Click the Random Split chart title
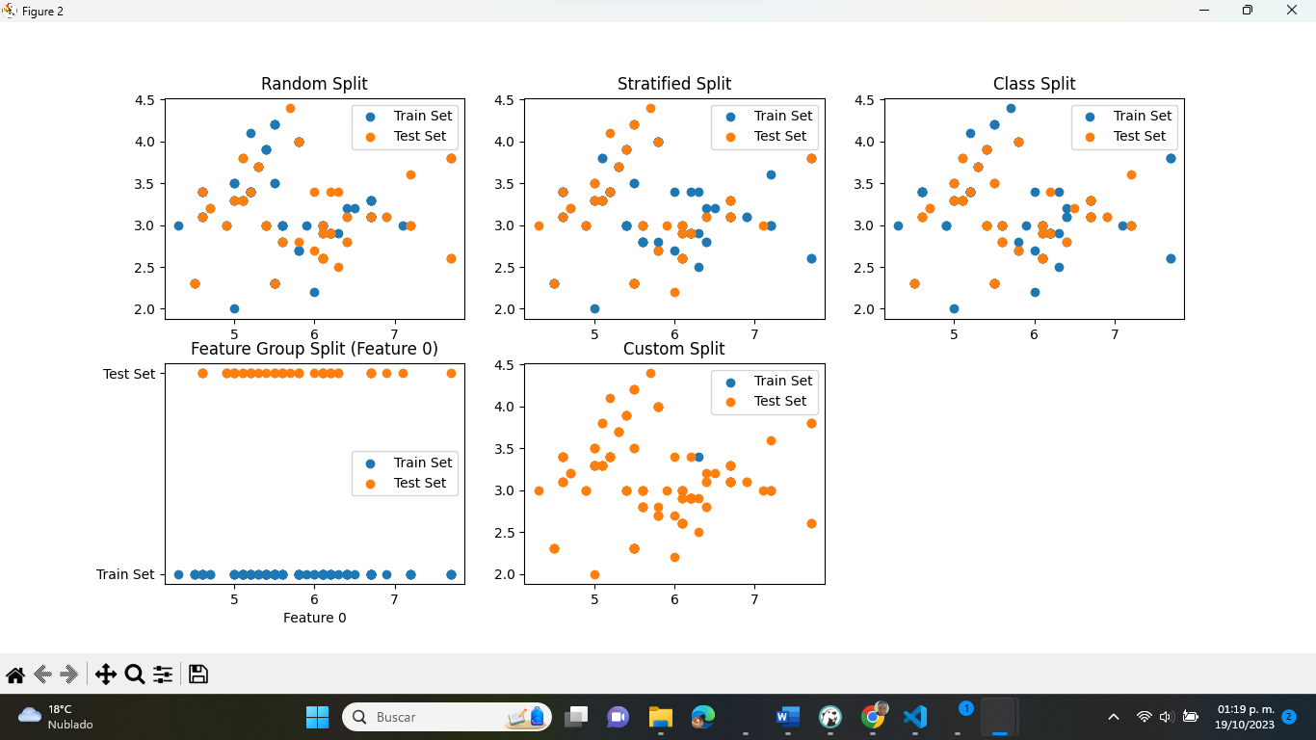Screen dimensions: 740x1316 tap(314, 84)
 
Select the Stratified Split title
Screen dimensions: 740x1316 tap(674, 84)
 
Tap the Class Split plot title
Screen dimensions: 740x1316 tap(1034, 84)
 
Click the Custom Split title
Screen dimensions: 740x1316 tap(674, 349)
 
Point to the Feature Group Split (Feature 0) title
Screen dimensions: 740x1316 tap(314, 349)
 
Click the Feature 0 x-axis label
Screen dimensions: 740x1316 tap(314, 618)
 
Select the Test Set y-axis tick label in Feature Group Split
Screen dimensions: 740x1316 tap(129, 374)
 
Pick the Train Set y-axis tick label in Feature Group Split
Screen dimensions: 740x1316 tap(125, 574)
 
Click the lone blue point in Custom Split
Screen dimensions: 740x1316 tap(698, 457)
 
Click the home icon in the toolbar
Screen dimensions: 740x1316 tap(15, 674)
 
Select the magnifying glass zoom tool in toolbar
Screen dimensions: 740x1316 tap(134, 674)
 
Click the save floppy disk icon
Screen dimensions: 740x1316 tap(198, 674)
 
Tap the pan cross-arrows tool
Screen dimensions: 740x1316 tap(105, 674)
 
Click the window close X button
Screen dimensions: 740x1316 tap(1292, 11)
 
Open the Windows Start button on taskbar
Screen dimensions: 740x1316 tap(317, 717)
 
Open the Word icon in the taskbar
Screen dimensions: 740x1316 tap(787, 717)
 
